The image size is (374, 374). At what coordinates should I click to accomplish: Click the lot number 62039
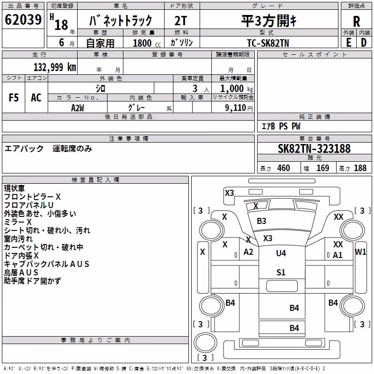click(x=23, y=20)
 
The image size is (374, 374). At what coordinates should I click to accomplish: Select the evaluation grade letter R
click(x=356, y=22)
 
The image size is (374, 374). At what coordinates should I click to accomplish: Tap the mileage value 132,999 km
click(x=55, y=67)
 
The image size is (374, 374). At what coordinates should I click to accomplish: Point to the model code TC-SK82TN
click(x=268, y=43)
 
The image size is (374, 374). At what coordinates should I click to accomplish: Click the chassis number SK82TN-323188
click(x=314, y=149)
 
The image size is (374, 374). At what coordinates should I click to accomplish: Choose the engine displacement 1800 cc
click(x=147, y=43)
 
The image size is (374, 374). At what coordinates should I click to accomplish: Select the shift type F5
click(x=14, y=98)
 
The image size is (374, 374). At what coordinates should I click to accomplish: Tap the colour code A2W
click(x=78, y=108)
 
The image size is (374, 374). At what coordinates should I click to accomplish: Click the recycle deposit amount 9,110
click(x=236, y=108)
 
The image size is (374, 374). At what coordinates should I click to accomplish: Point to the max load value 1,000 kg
click(x=237, y=89)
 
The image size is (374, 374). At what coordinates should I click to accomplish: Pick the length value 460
click(x=284, y=168)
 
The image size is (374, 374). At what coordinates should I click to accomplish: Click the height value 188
click(x=360, y=168)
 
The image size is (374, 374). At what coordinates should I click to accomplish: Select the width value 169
click(x=323, y=168)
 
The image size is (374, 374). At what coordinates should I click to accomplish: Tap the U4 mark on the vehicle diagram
click(x=281, y=253)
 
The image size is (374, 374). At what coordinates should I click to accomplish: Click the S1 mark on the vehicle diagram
click(x=281, y=273)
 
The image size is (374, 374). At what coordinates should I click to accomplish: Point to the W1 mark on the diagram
click(x=360, y=252)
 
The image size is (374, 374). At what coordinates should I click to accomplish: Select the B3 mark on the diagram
click(x=261, y=221)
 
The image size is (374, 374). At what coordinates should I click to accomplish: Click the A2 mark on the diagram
click(x=248, y=252)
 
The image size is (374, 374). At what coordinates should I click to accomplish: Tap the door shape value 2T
click(x=181, y=21)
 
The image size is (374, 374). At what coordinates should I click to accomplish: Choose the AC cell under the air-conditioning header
click(x=36, y=98)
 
